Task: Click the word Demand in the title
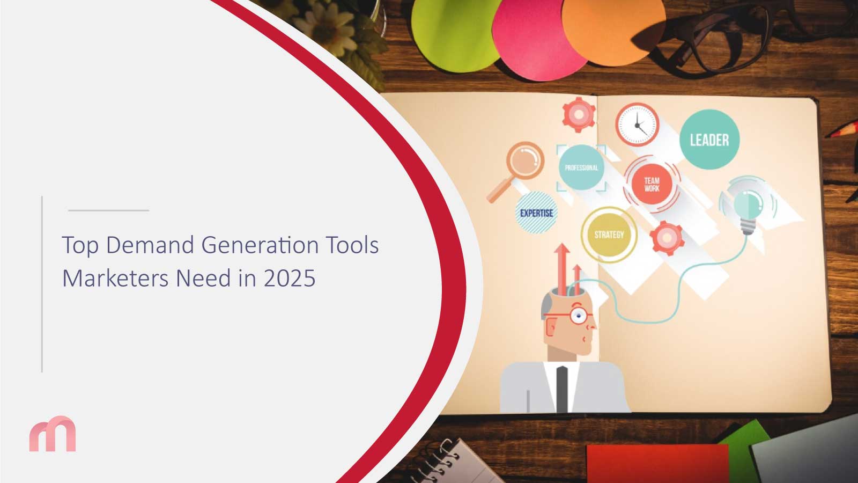coord(150,245)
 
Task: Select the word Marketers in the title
coord(115,279)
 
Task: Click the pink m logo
coord(53,434)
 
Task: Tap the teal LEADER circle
coord(709,140)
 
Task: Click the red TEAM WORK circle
coord(652,184)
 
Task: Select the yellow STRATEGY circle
coord(609,235)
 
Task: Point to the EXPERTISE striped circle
coord(536,213)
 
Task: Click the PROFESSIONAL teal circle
coord(581,167)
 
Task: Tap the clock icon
coord(638,125)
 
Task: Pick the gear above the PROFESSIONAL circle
coord(579,115)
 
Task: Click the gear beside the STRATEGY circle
coord(667,238)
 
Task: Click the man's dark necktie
coord(562,389)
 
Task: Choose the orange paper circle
coord(613,31)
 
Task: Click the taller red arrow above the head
coord(562,269)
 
